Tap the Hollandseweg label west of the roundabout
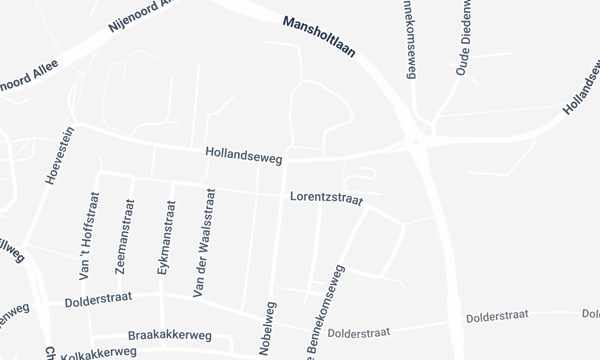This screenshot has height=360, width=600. [244, 156]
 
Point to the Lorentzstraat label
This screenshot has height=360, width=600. [327, 198]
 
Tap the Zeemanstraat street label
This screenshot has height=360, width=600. [126, 236]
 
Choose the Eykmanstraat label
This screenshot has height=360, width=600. [166, 236]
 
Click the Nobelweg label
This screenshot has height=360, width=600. [268, 326]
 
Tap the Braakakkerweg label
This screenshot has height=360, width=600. [170, 336]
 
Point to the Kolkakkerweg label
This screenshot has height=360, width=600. [98, 353]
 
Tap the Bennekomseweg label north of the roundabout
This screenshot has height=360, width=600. [409, 38]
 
